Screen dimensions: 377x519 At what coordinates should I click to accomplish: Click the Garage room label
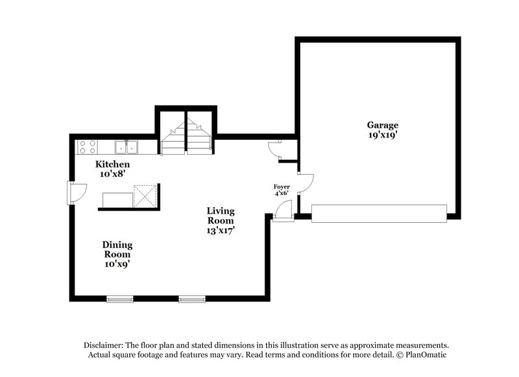pyautogui.click(x=382, y=125)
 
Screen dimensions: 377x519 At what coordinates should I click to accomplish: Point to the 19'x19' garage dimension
pyautogui.click(x=382, y=135)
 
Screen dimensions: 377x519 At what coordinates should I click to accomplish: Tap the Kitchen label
pyautogui.click(x=108, y=164)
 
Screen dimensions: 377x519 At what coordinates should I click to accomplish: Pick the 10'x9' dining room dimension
pyautogui.click(x=117, y=264)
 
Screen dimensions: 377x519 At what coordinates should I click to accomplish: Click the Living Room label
pyautogui.click(x=221, y=215)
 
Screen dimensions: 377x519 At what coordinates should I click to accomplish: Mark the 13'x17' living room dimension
pyautogui.click(x=221, y=229)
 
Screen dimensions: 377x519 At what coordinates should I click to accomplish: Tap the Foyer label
pyautogui.click(x=281, y=187)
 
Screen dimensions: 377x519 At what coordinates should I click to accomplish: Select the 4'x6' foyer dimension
pyautogui.click(x=281, y=193)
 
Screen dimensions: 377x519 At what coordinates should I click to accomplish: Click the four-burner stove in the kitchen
pyautogui.click(x=87, y=147)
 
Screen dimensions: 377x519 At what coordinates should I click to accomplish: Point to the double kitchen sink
pyautogui.click(x=126, y=147)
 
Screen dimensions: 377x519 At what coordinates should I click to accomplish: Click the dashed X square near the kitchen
pyautogui.click(x=145, y=196)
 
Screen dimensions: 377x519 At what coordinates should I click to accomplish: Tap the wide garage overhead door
pyautogui.click(x=379, y=214)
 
